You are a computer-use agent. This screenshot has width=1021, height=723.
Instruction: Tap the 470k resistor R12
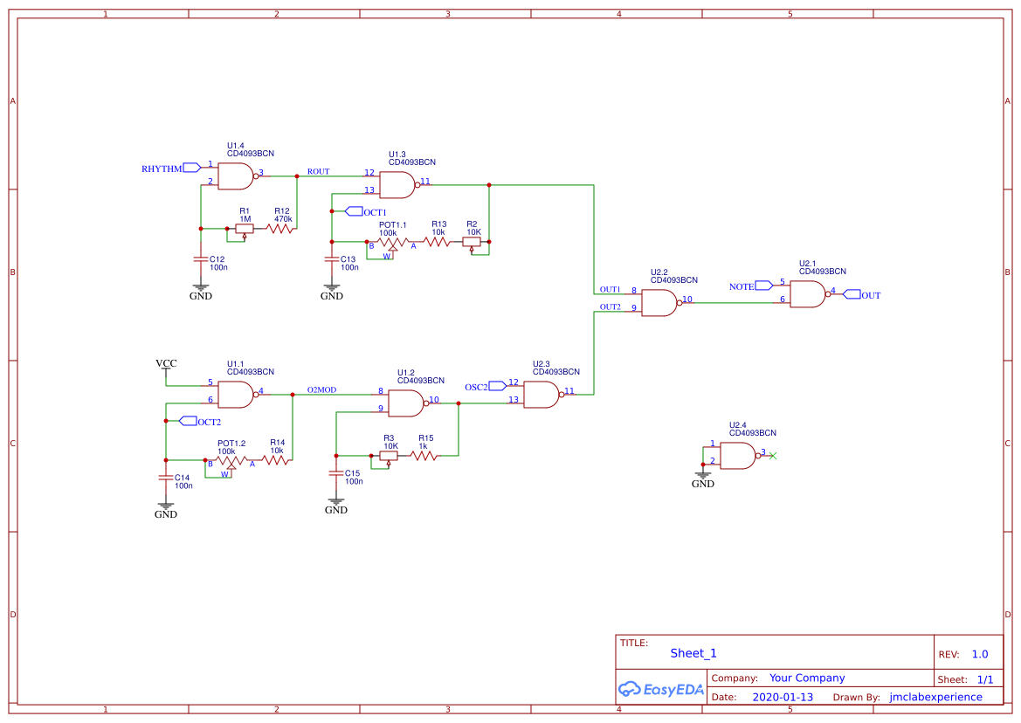pos(281,229)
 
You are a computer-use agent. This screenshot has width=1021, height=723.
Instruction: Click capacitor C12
pos(201,259)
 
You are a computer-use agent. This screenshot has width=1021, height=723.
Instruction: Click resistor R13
pos(438,242)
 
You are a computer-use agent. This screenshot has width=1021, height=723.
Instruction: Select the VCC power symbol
pos(166,364)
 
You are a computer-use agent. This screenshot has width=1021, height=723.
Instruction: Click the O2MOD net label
pos(321,390)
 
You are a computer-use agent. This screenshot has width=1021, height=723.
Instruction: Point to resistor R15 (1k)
pos(424,455)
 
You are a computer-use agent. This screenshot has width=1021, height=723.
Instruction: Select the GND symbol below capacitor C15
pos(336,506)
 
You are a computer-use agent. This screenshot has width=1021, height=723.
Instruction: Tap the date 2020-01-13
pos(783,697)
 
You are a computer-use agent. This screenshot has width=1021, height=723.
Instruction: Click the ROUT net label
pos(318,171)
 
